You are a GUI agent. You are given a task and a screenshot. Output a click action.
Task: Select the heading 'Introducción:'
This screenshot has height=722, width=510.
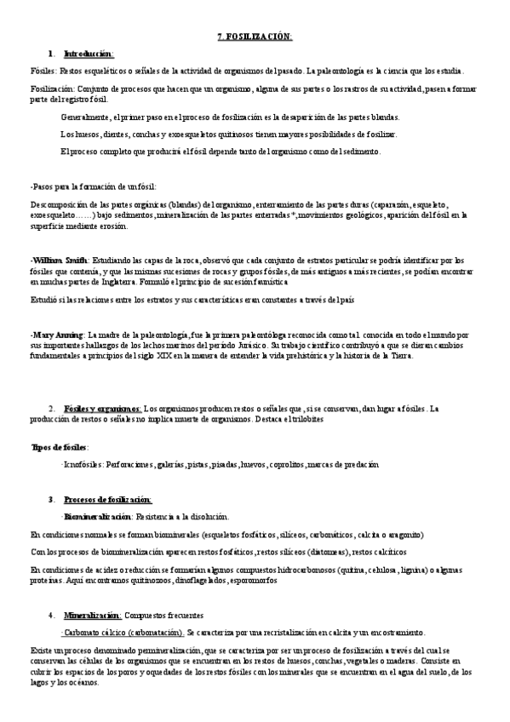click(89, 53)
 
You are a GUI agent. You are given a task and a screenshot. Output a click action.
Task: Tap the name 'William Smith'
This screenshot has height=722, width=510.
click(59, 260)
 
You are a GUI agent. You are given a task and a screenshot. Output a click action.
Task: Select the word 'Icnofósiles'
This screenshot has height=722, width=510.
click(82, 465)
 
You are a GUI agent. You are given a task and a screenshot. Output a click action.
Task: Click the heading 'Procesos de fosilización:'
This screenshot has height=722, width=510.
click(107, 499)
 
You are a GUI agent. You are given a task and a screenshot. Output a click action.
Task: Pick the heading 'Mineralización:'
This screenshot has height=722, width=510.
click(93, 615)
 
